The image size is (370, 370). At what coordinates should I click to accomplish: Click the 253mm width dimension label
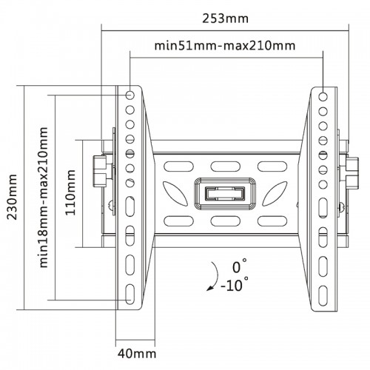coord(225,18)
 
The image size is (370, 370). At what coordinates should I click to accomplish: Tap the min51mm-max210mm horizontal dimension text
coord(225,46)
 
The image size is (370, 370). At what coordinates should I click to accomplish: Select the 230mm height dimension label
coord(12,197)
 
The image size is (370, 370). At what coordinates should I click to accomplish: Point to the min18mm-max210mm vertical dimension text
coord(44,198)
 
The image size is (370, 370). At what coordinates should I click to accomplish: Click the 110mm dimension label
coord(70,192)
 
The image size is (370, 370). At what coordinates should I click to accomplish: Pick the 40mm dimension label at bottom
coord(137,354)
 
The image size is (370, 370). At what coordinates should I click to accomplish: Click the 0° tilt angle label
coord(239,266)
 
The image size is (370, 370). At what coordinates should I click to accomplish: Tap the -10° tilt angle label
coord(235,285)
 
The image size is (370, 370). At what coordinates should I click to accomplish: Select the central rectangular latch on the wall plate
coord(225,193)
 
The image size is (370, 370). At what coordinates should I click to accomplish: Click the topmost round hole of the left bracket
coord(129,95)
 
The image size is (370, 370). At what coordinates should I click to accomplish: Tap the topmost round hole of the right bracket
coord(323,97)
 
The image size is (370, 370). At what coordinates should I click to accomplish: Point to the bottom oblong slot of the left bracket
coord(129,294)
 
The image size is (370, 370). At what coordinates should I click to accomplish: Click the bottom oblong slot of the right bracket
coord(323,295)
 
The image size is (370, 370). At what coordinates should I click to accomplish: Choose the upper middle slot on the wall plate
coord(225,166)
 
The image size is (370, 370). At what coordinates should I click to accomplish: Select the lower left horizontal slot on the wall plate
coord(178,221)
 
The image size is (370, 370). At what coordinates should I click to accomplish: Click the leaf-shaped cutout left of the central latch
coord(175,194)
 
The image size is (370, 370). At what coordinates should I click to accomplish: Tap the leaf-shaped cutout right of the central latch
coord(275,194)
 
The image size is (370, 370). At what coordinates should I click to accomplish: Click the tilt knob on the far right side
coord(352,173)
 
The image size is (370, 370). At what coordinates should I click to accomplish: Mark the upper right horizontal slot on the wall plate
coord(272,166)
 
